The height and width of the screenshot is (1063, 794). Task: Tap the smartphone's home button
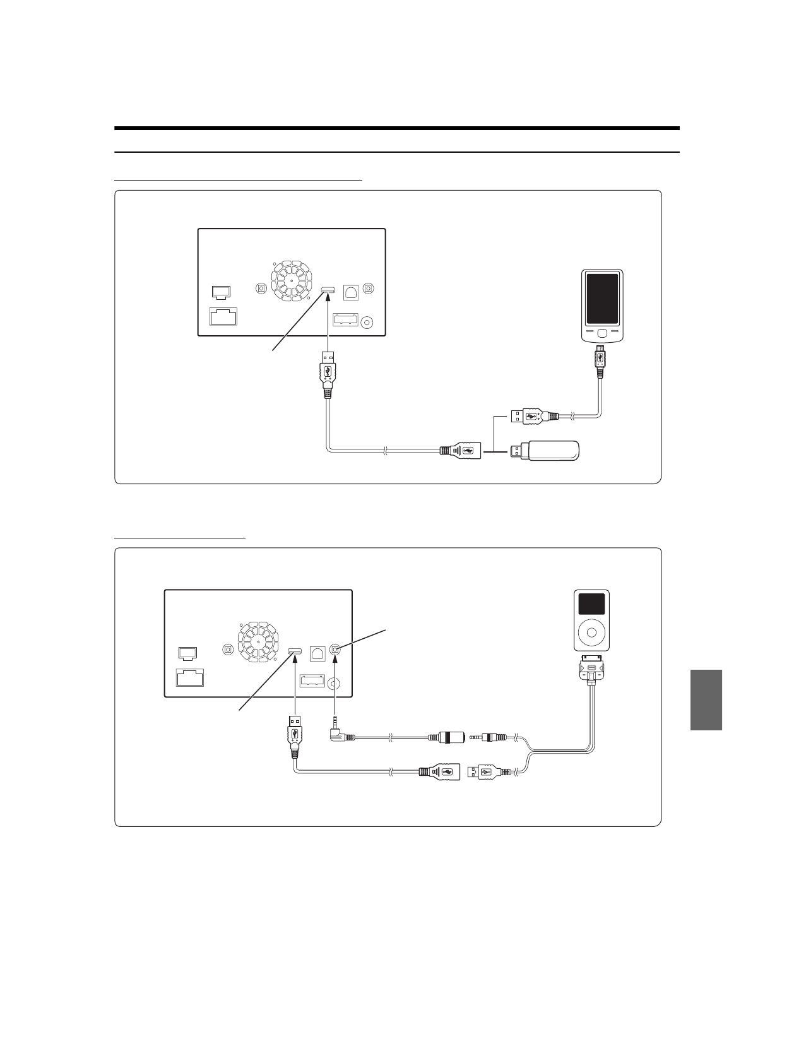pyautogui.click(x=602, y=333)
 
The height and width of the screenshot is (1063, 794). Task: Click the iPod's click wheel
pyautogui.click(x=592, y=631)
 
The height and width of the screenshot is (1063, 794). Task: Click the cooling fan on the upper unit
pyautogui.click(x=292, y=280)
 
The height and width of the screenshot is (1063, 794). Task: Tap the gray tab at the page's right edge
pyautogui.click(x=706, y=699)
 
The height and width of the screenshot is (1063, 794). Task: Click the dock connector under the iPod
pyautogui.click(x=591, y=670)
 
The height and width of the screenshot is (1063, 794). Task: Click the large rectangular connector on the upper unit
pyautogui.click(x=223, y=316)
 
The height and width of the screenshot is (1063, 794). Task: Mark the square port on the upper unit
pyautogui.click(x=350, y=292)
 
